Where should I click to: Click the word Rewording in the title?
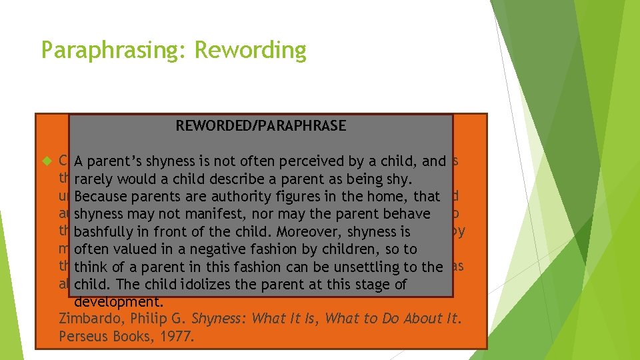251,50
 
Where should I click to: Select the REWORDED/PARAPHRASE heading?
261,125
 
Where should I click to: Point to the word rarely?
93,179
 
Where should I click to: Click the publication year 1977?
176,337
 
